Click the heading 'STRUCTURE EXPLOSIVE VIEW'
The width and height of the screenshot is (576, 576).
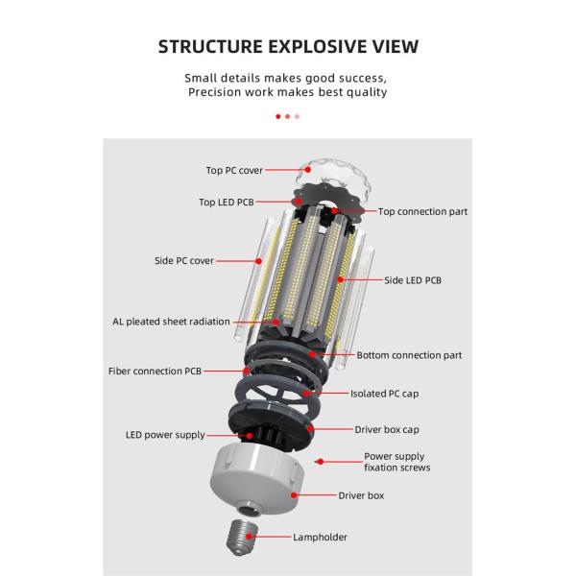pyautogui.click(x=288, y=47)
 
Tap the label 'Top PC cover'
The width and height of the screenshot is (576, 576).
pyautogui.click(x=234, y=171)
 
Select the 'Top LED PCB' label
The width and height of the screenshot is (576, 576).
pyautogui.click(x=227, y=203)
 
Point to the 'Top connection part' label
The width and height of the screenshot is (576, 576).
pyautogui.click(x=422, y=212)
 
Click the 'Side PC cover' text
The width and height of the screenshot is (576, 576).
pyautogui.click(x=184, y=261)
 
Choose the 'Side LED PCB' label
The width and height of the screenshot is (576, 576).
pyautogui.click(x=413, y=280)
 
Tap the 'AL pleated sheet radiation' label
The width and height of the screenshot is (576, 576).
pyautogui.click(x=171, y=322)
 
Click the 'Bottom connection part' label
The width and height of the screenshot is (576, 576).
pyautogui.click(x=409, y=355)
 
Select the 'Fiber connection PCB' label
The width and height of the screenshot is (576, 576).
pyautogui.click(x=155, y=372)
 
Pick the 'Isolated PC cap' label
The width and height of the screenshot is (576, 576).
pyautogui.click(x=384, y=394)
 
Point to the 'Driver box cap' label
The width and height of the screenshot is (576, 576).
pyautogui.click(x=387, y=430)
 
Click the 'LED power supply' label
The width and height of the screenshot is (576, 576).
pyautogui.click(x=165, y=435)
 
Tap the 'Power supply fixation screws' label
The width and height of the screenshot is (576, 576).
pyautogui.click(x=397, y=462)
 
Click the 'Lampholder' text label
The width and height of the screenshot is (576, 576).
pyautogui.click(x=320, y=538)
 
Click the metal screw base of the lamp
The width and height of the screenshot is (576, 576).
pyautogui.click(x=242, y=538)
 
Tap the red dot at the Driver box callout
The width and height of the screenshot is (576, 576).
pyautogui.click(x=294, y=495)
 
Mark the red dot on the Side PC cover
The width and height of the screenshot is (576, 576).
pyautogui.click(x=258, y=261)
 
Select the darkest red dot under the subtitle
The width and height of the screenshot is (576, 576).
pyautogui.click(x=278, y=116)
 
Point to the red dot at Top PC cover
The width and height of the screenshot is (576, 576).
pyautogui.click(x=308, y=169)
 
